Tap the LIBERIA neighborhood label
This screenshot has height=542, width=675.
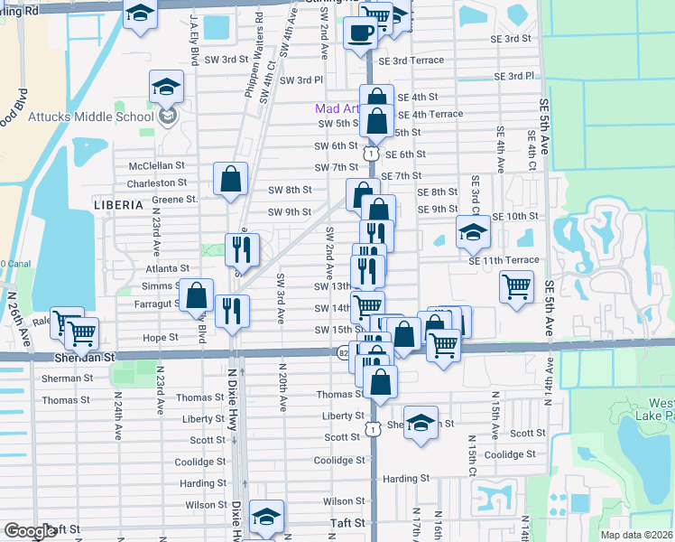(x=118, y=205)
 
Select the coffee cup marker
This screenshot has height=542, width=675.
(x=360, y=33)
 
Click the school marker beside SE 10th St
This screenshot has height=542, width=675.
(x=473, y=233)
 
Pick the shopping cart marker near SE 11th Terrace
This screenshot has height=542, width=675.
(x=516, y=287)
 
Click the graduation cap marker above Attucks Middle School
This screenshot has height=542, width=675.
(x=166, y=88)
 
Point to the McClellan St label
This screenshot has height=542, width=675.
(x=156, y=166)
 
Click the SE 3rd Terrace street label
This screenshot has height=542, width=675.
(x=411, y=61)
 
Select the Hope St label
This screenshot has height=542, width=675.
(x=161, y=336)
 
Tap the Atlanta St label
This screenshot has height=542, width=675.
(x=167, y=268)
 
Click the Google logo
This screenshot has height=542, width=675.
(x=30, y=531)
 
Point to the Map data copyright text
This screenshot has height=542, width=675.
(x=635, y=535)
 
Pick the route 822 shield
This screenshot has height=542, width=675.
(x=344, y=355)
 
